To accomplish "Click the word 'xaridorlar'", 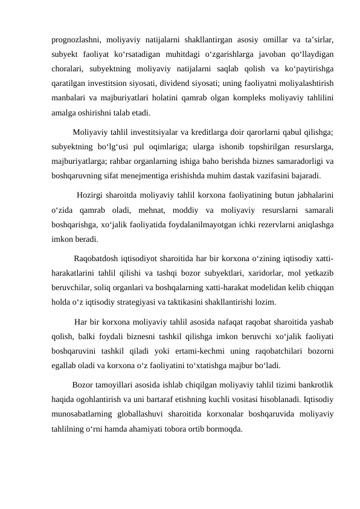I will (238, 273).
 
